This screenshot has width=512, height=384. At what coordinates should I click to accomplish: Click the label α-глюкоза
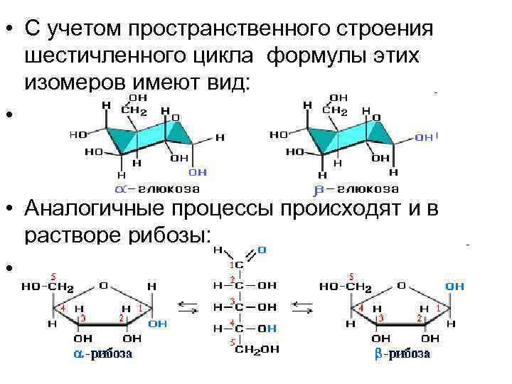tap(157, 189)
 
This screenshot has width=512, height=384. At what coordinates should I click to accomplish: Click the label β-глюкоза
tap(356, 189)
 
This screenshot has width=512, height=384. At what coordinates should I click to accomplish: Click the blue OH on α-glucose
tap(198, 172)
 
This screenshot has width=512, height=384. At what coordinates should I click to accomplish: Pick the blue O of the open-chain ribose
tap(262, 250)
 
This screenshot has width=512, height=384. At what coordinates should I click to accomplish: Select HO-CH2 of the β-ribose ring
tap(346, 287)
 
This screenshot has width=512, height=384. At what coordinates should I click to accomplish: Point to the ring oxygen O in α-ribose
tap(103, 286)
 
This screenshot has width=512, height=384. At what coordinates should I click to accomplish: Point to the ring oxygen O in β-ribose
tap(400, 286)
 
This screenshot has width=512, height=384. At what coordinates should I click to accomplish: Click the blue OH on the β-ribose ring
tap(455, 286)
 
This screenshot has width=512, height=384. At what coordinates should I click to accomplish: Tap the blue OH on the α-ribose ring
tap(158, 324)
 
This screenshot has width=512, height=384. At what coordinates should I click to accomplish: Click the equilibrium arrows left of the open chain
tap(188, 308)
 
